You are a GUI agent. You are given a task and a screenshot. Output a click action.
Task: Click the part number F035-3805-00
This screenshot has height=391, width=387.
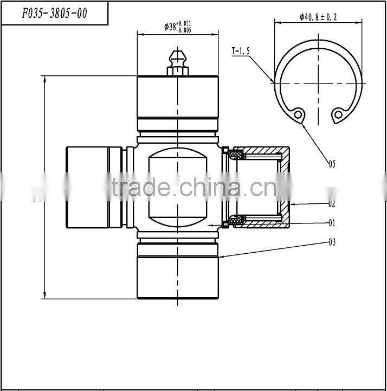coord(54,14)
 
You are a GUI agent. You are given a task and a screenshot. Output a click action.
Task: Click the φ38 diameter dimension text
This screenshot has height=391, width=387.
coord(178,26)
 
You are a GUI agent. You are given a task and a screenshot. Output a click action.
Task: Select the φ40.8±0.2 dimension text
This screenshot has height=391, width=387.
coord(318,17)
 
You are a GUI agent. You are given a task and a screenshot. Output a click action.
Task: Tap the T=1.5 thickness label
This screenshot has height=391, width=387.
coord(242,51)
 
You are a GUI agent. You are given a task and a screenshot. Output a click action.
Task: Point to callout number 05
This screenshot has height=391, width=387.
coord(332,163)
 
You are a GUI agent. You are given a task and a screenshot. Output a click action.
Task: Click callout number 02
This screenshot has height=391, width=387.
coord(332,204)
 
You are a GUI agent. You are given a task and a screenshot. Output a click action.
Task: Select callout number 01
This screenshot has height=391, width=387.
coord(332,222)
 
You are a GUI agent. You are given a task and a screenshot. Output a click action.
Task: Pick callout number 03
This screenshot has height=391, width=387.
coord(332,242)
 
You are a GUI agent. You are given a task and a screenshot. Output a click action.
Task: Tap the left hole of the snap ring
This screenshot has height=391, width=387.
coord(297,114)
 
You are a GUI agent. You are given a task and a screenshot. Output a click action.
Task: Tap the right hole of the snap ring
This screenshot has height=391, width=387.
coord(338,114)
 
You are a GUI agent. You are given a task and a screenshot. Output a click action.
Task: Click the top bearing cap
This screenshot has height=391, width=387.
coord(178,98)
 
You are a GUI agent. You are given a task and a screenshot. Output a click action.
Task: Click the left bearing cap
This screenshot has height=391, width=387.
coord(89,187)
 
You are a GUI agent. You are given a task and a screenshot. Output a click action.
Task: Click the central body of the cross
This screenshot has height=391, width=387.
coord(178,187)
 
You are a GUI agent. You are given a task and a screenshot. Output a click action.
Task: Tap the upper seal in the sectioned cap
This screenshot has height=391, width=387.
coord(235,156)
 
